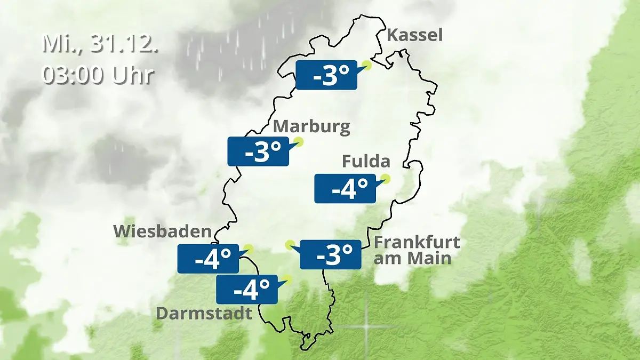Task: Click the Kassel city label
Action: (414, 35)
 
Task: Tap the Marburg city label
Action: (311, 127)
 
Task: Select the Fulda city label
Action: (366, 161)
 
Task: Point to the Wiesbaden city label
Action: (162, 231)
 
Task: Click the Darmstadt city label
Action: (204, 313)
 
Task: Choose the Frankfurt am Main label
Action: (417, 250)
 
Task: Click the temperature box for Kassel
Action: (326, 75)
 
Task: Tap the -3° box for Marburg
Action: (258, 151)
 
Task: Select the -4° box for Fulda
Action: (345, 188)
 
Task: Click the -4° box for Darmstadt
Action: (246, 290)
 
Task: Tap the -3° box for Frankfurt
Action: (330, 254)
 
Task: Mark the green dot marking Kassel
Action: (366, 65)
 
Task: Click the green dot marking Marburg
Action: (299, 142)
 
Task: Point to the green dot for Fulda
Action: (385, 179)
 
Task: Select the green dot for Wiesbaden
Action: (247, 248)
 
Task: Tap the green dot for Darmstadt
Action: (288, 278)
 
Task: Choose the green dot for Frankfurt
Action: (290, 244)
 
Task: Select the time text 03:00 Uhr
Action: (98, 75)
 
